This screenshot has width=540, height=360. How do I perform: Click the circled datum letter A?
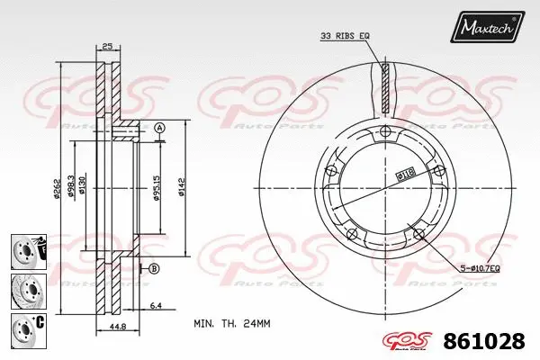159,129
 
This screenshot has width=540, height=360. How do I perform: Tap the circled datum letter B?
154,268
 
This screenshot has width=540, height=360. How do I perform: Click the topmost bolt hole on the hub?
385,133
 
